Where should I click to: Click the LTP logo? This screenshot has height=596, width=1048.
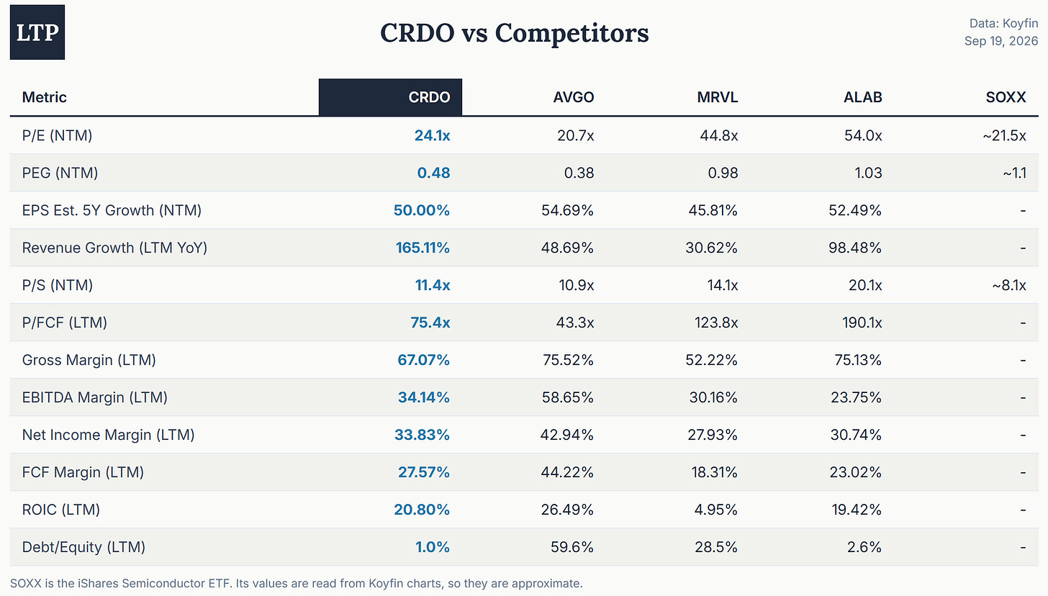click(x=37, y=32)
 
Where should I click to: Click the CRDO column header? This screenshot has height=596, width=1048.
click(x=429, y=97)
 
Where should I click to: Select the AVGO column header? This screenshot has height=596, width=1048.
click(x=574, y=97)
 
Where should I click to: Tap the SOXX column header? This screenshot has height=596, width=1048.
click(x=1006, y=97)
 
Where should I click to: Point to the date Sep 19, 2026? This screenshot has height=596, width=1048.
click(x=1000, y=41)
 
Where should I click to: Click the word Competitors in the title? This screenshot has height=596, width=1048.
click(x=572, y=33)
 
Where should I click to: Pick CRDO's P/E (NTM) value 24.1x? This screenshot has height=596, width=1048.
click(x=433, y=135)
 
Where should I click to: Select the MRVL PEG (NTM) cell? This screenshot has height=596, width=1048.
click(x=723, y=173)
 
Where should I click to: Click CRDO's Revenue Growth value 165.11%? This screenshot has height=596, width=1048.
click(x=423, y=248)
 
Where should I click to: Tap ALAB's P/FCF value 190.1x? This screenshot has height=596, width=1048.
click(x=862, y=322)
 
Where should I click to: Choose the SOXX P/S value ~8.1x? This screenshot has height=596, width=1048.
click(x=1008, y=285)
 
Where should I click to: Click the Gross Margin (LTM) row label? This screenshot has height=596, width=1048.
click(x=89, y=360)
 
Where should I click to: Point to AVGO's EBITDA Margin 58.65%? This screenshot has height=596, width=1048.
click(x=567, y=397)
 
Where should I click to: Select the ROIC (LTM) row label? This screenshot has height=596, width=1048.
click(x=60, y=510)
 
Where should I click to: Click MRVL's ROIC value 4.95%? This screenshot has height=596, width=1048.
click(x=715, y=510)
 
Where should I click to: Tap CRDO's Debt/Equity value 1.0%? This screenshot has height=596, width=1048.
click(x=433, y=547)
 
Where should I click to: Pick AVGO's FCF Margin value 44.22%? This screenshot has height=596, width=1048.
click(x=567, y=472)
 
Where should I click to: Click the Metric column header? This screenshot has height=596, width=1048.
click(x=45, y=97)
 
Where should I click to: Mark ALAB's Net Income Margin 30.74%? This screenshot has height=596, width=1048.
click(x=856, y=435)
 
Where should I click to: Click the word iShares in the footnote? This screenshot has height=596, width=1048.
click(x=98, y=584)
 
